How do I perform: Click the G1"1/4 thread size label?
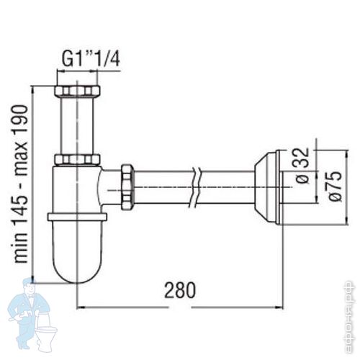pyautogui.click(x=91, y=59)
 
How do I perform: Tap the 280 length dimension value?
pyautogui.click(x=180, y=290)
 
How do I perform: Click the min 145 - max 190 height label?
pyautogui.click(x=20, y=184)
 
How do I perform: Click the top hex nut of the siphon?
pyautogui.click(x=77, y=91)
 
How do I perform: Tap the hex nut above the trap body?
pyautogui.click(x=77, y=159)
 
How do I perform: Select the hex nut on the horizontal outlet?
pyautogui.click(x=127, y=187)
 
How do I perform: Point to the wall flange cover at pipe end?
pyautogui.click(x=268, y=188)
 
